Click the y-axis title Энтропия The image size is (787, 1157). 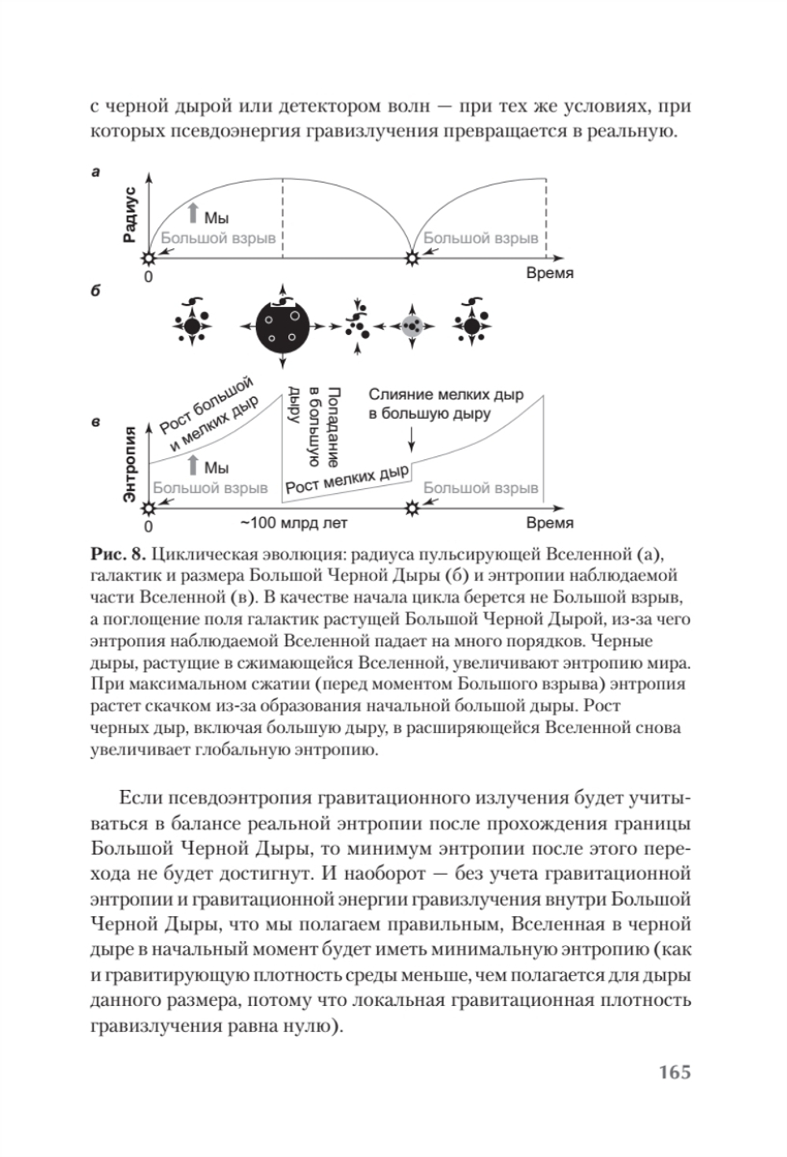pos(131,462)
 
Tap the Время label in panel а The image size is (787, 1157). pos(549,273)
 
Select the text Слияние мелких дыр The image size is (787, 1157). pos(445,395)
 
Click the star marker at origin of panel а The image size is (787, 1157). pos(148,258)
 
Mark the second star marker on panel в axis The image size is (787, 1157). pos(410,509)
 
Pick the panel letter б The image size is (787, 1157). pos(95,291)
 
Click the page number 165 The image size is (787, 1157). pos(674,1072)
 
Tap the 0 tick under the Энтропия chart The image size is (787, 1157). pos(148,526)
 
